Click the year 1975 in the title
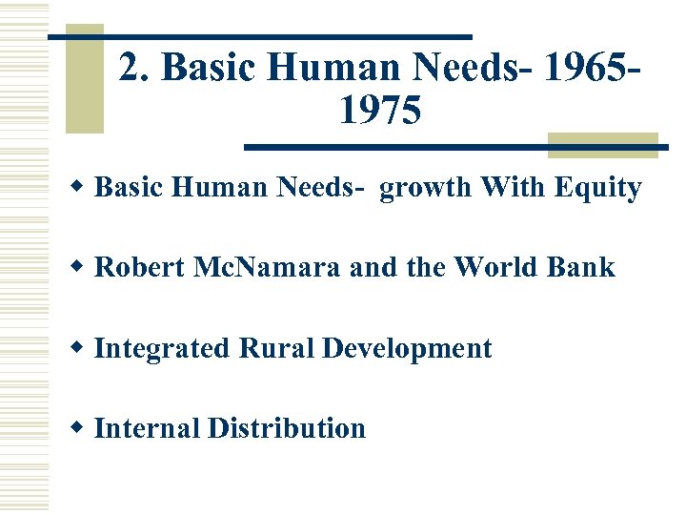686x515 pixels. click(x=378, y=111)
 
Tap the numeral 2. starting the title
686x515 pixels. click(x=136, y=68)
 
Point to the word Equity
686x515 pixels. click(x=602, y=188)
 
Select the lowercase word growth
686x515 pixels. click(x=426, y=188)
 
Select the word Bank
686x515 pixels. click(x=582, y=268)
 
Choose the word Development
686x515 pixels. click(x=407, y=348)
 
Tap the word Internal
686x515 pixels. click(x=147, y=428)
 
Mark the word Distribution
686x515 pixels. click(x=286, y=428)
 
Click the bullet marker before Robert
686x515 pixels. click(x=81, y=268)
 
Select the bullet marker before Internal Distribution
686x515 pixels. click(x=81, y=428)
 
